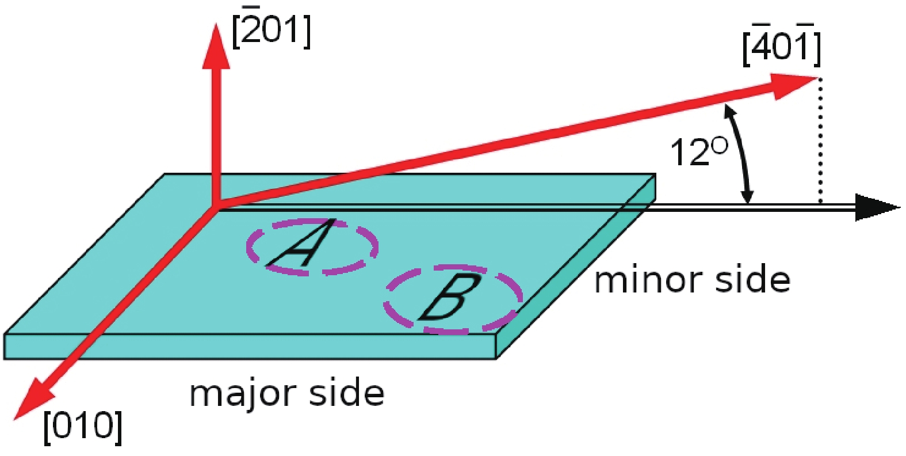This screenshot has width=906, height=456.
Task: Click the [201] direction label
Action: (272, 33)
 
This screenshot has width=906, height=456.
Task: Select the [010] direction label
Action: (83, 427)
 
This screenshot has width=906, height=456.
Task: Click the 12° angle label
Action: (698, 152)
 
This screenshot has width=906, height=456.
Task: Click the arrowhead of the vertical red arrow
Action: (215, 47)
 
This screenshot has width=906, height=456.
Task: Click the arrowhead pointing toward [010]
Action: (32, 399)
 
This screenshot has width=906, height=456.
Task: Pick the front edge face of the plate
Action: (250, 347)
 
